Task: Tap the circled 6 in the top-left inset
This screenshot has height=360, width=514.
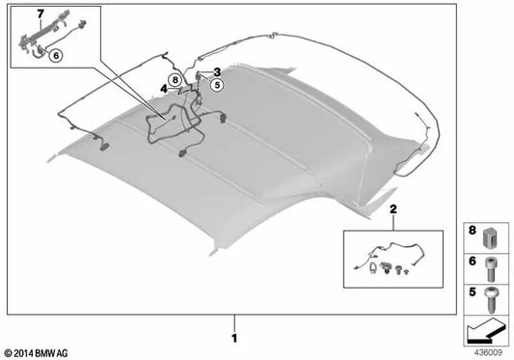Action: (x=56, y=57)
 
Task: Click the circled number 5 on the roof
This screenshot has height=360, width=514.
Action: (x=217, y=85)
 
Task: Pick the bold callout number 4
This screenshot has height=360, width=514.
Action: (x=164, y=89)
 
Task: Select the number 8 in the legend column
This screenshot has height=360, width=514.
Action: (x=473, y=232)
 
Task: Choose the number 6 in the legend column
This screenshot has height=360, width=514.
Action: (x=473, y=261)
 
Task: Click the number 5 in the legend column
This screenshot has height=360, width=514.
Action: (x=473, y=289)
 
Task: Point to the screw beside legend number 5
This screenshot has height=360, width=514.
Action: (x=493, y=292)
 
